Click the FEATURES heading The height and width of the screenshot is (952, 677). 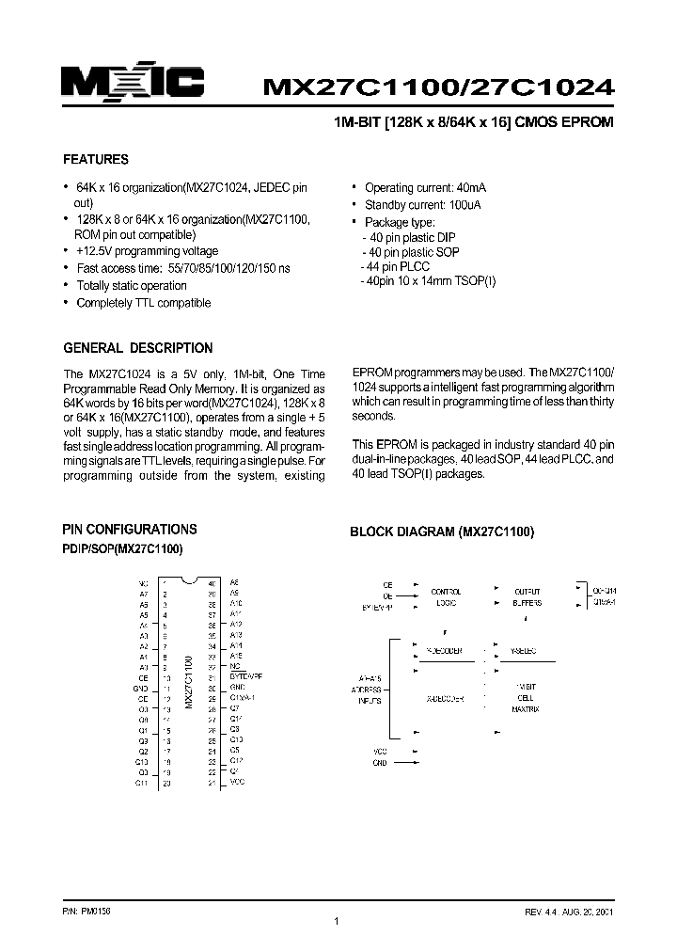(95, 160)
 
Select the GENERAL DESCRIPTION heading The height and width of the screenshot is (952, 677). (137, 348)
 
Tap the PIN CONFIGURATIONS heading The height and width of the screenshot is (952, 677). (130, 530)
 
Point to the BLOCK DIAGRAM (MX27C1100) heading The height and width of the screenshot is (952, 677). (442, 532)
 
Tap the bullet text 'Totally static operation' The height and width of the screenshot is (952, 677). (131, 286)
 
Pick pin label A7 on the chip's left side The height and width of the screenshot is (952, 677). (143, 595)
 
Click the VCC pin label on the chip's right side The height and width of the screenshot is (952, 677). (237, 782)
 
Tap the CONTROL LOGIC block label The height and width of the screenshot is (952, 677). (446, 596)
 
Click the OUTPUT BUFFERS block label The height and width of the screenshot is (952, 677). (527, 596)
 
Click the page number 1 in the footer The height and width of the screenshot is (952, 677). (337, 921)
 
